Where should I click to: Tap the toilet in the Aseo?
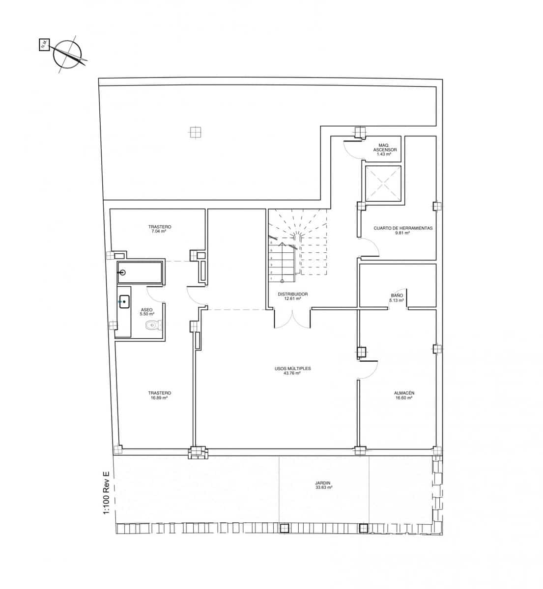pyautogui.click(x=153, y=325)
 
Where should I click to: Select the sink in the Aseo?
pyautogui.click(x=124, y=301)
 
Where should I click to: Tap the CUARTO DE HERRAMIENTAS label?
pyautogui.click(x=403, y=228)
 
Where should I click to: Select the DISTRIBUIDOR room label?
pyautogui.click(x=293, y=294)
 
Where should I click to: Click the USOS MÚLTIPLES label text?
pyautogui.click(x=293, y=368)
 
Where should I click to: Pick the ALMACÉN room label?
pyautogui.click(x=404, y=393)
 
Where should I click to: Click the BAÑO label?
pyautogui.click(x=397, y=295)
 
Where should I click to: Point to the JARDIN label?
pyautogui.click(x=323, y=483)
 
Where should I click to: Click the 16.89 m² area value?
pyautogui.click(x=159, y=398)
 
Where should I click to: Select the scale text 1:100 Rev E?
pyautogui.click(x=106, y=494)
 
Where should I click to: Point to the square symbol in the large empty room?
pyautogui.click(x=196, y=132)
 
